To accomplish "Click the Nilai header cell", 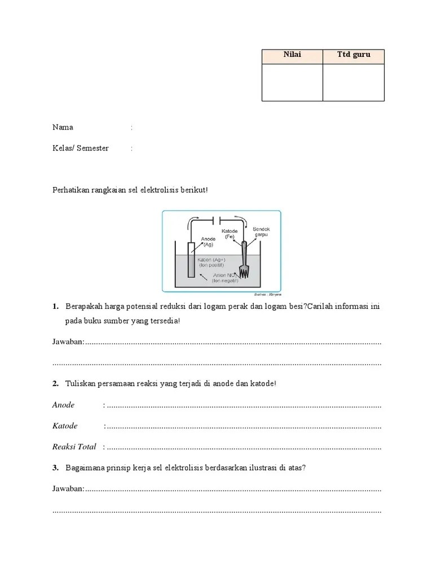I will [292, 55].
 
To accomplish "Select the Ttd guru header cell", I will [354, 55].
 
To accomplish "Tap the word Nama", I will [63, 127].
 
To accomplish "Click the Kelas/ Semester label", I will [81, 149].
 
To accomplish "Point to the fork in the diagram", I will [244, 260].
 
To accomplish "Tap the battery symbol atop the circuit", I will [216, 219].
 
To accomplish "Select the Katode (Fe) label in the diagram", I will [229, 234].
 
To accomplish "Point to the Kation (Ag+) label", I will [211, 263].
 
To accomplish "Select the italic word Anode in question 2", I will [63, 405].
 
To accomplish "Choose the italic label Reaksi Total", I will [74, 447].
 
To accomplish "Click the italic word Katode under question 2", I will [65, 426].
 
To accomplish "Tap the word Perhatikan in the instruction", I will [70, 190].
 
